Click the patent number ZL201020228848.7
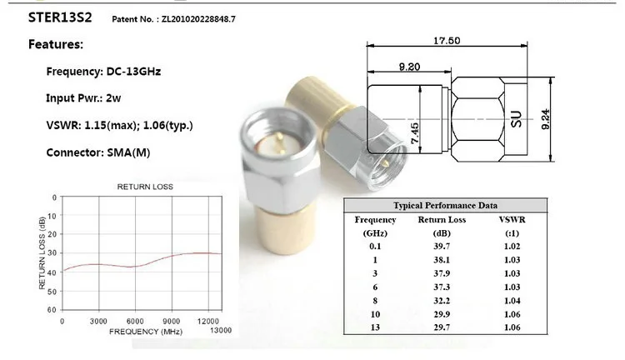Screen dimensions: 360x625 coord(173,17)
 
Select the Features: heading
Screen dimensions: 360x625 coord(56,44)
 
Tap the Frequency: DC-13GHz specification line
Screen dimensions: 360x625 coord(103,72)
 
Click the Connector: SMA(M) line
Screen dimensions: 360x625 coord(97,152)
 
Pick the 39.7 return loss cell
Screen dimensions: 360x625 coord(441,246)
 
